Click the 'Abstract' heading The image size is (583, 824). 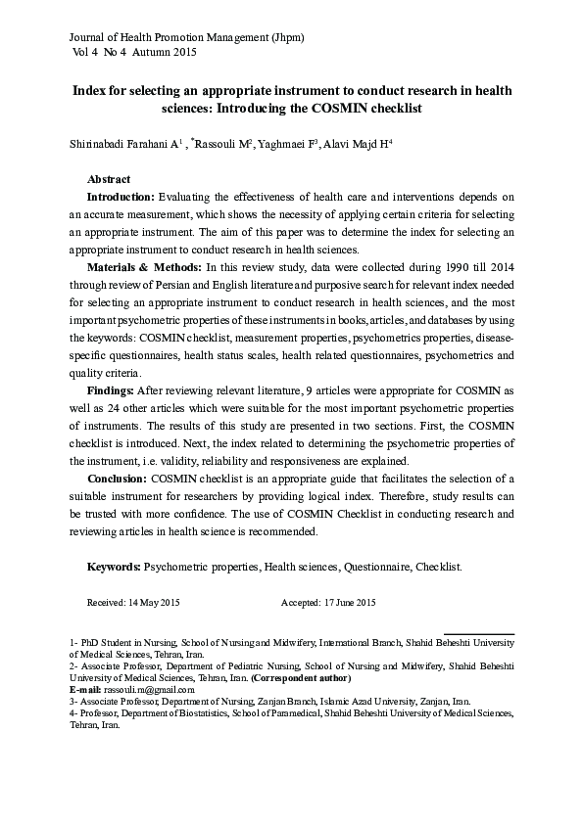tap(109, 180)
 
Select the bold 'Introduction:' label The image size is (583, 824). tap(121, 197)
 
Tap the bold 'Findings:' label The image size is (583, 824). tap(112, 389)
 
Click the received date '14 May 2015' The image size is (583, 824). tap(152, 603)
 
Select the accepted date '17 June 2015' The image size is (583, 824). tap(349, 603)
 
